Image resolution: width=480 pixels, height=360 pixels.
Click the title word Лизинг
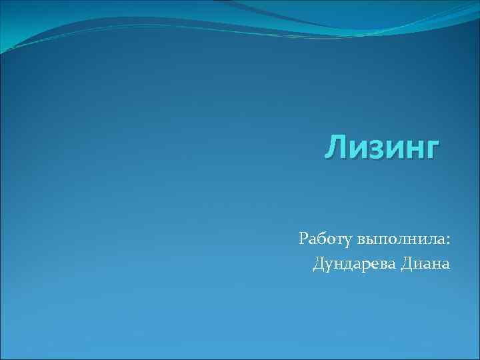(x=383, y=147)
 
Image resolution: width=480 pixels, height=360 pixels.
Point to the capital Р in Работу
(x=304, y=237)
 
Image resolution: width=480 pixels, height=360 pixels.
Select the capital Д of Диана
(x=407, y=264)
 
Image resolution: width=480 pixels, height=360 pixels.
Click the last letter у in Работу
(x=349, y=240)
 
